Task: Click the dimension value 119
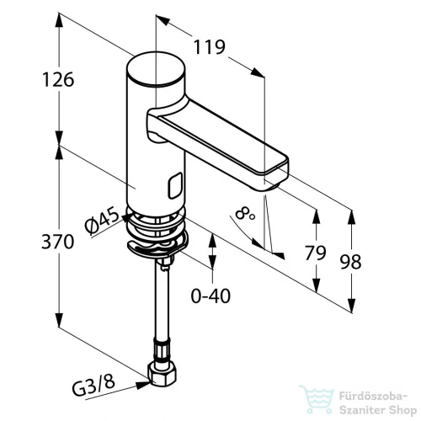coord(210,47)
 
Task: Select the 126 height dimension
coord(58,79)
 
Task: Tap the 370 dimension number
coord(58,242)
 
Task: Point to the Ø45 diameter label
coord(102,221)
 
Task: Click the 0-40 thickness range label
coord(210,296)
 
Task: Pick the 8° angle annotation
coord(245,214)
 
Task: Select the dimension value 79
coord(315,253)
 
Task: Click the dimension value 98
coord(350,262)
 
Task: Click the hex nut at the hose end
coord(162,374)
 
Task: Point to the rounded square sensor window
coord(175,185)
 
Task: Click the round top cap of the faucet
coord(156,68)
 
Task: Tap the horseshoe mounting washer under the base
coord(157,246)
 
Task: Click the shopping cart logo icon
coord(317,399)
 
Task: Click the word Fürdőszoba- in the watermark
coord(373,397)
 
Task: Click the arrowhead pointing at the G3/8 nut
coord(142,385)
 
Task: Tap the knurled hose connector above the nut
coord(161,350)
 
